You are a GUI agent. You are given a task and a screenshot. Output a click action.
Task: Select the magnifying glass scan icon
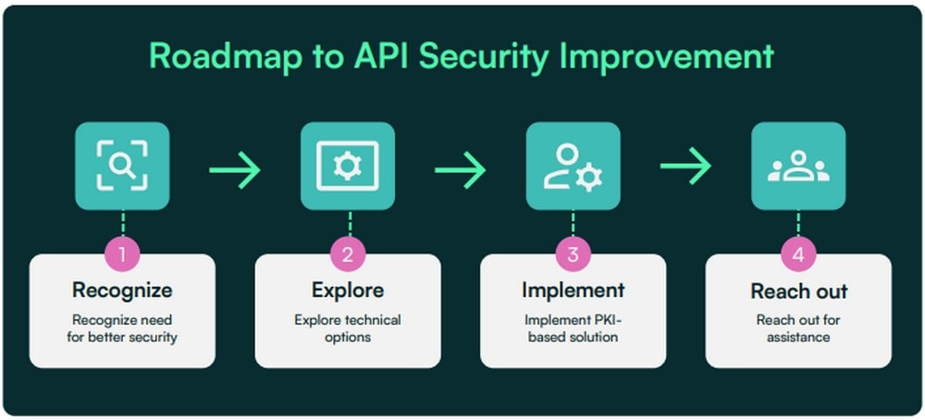122,166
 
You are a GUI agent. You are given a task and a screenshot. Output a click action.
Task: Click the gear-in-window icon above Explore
348,166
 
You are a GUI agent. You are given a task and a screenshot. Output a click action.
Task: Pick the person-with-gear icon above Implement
573,166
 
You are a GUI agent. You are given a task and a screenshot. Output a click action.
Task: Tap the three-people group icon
798,166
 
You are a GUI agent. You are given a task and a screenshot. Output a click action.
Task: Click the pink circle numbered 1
122,254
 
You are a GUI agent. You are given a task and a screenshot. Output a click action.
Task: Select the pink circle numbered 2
348,254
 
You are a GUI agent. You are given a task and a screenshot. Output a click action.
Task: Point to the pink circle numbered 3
573,254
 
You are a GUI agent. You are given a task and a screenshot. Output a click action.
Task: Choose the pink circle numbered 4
798,254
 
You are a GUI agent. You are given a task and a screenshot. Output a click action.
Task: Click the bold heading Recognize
122,290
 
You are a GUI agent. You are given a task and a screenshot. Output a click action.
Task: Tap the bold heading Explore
348,290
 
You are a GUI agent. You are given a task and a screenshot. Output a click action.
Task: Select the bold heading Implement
573,290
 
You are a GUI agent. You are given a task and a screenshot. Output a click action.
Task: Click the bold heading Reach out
799,290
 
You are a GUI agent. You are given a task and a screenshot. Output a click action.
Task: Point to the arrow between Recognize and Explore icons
235,170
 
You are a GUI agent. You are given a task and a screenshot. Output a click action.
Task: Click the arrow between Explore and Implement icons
460,170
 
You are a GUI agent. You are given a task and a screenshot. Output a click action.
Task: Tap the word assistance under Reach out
798,338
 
